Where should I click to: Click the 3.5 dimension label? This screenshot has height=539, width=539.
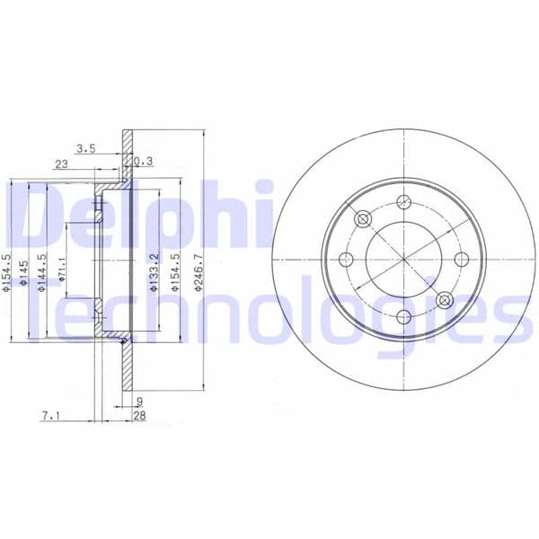pos(85,147)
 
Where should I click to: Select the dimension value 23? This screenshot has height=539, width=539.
pos(61,163)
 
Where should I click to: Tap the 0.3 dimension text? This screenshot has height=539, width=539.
pos(144,162)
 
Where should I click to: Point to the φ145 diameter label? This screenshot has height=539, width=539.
pos(27,269)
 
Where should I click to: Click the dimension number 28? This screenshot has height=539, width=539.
pos(140,416)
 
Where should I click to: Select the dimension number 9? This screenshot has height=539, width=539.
pos(139,402)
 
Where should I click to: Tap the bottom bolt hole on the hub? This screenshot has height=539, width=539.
pos(404,316)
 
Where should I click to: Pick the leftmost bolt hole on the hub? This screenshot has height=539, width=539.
pos(346,259)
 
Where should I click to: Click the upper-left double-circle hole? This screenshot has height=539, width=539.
pos(363,219)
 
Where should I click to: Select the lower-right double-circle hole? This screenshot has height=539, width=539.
pos(445,299)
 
